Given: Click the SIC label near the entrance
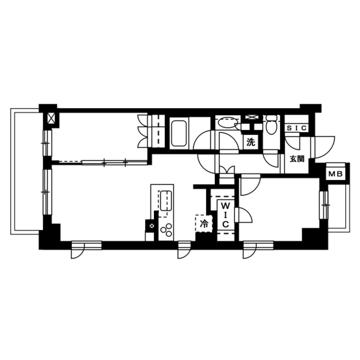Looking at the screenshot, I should pyautogui.click(x=297, y=129).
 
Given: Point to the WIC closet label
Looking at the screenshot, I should pyautogui.click(x=225, y=214).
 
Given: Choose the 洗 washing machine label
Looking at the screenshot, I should pyautogui.click(x=250, y=142).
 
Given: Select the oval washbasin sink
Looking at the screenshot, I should pyautogui.click(x=226, y=123).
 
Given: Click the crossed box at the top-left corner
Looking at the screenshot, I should pyautogui.click(x=51, y=119).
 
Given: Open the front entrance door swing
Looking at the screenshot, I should pyautogui.click(x=321, y=147).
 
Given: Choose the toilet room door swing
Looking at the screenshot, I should pyautogui.click(x=272, y=159).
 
